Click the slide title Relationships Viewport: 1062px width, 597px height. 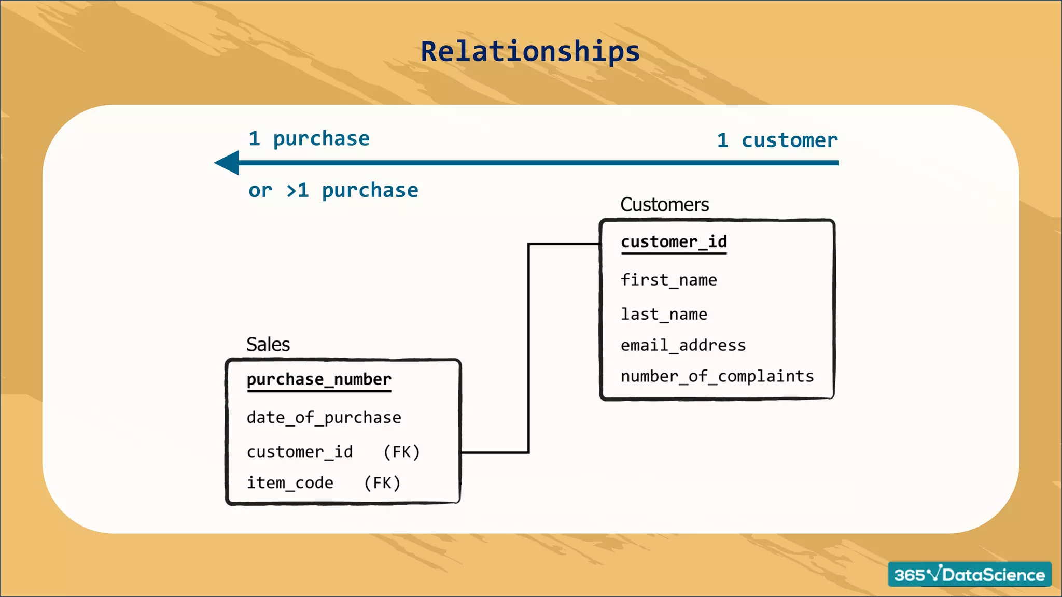coord(530,52)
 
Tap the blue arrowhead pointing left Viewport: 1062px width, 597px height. coord(228,163)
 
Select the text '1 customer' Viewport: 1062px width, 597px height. coord(777,140)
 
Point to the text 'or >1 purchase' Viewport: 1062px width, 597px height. coord(333,191)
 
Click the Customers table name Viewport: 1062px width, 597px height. coord(664,205)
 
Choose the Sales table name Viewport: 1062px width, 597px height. coord(268,345)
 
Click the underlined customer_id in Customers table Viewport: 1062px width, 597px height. coord(674,242)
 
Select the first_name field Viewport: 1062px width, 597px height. coord(668,280)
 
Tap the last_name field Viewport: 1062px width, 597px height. coord(664,315)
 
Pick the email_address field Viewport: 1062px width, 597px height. coord(683,346)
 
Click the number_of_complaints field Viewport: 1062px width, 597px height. coord(717,376)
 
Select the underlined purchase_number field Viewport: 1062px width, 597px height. coord(319,379)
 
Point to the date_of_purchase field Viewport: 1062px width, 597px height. coord(324,418)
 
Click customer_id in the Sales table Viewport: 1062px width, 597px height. coord(300,452)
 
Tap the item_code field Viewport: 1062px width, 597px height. coord(290,483)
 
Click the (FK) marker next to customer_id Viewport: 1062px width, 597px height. coord(401,452)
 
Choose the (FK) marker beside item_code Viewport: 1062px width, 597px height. coord(382,483)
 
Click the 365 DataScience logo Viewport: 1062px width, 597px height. coord(969,574)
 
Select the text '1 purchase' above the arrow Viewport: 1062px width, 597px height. coord(309,139)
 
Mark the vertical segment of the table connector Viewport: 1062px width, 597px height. coord(528,347)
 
